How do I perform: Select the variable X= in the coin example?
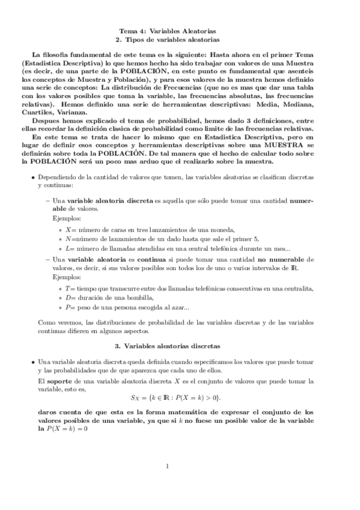[x=70, y=229]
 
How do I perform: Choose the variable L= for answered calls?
[x=70, y=249]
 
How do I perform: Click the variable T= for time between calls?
[x=70, y=289]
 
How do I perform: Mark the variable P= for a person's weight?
[x=70, y=308]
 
